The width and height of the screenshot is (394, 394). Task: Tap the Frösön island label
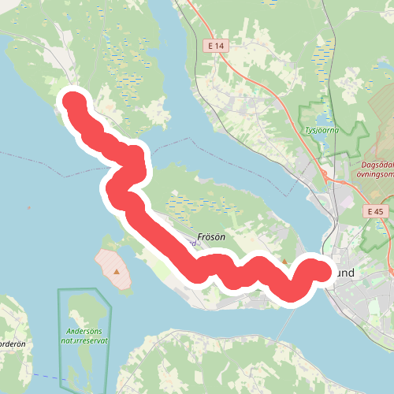click(x=210, y=236)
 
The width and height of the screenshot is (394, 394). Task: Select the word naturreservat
click(x=87, y=342)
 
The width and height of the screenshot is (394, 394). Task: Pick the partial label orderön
click(x=13, y=344)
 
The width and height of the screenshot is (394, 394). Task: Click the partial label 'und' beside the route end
click(x=344, y=273)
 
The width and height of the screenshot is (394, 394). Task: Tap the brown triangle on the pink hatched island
click(x=117, y=271)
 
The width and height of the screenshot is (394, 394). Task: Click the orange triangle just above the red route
click(x=285, y=262)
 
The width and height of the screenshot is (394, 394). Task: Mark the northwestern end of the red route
click(x=74, y=102)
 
